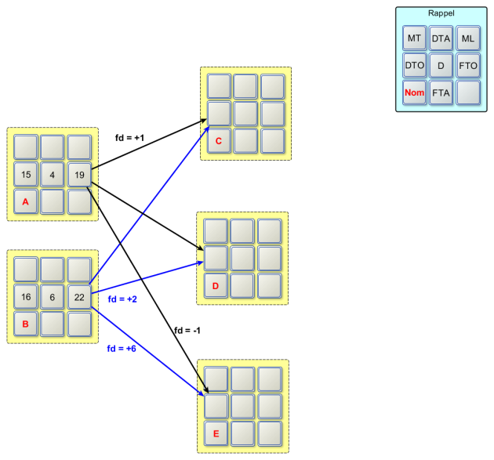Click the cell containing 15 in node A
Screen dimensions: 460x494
pyautogui.click(x=26, y=174)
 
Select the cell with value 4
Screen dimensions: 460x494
pyautogui.click(x=53, y=174)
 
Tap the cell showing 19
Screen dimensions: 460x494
pyautogui.click(x=79, y=174)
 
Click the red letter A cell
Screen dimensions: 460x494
pyautogui.click(x=26, y=201)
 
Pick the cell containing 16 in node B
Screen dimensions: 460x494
pyautogui.click(x=26, y=297)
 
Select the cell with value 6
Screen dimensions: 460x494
pyautogui.click(x=53, y=297)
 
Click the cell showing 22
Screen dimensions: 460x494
pyautogui.click(x=79, y=297)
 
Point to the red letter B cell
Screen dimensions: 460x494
pyautogui.click(x=26, y=323)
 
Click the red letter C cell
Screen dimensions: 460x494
pyautogui.click(x=219, y=141)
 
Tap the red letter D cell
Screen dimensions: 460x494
pyautogui.click(x=216, y=285)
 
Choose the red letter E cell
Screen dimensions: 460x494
pyautogui.click(x=217, y=433)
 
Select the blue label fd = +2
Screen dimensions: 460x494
pyautogui.click(x=122, y=299)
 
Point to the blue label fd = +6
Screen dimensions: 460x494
pyautogui.click(x=122, y=348)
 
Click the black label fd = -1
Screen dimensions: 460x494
pyautogui.click(x=188, y=331)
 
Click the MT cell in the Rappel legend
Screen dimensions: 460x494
pyautogui.click(x=415, y=38)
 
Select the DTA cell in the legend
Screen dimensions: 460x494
pyautogui.click(x=441, y=38)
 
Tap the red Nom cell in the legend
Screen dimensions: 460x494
pyautogui.click(x=415, y=92)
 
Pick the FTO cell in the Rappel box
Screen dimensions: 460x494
pyautogui.click(x=468, y=65)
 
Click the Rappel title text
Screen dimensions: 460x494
pyautogui.click(x=441, y=13)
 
